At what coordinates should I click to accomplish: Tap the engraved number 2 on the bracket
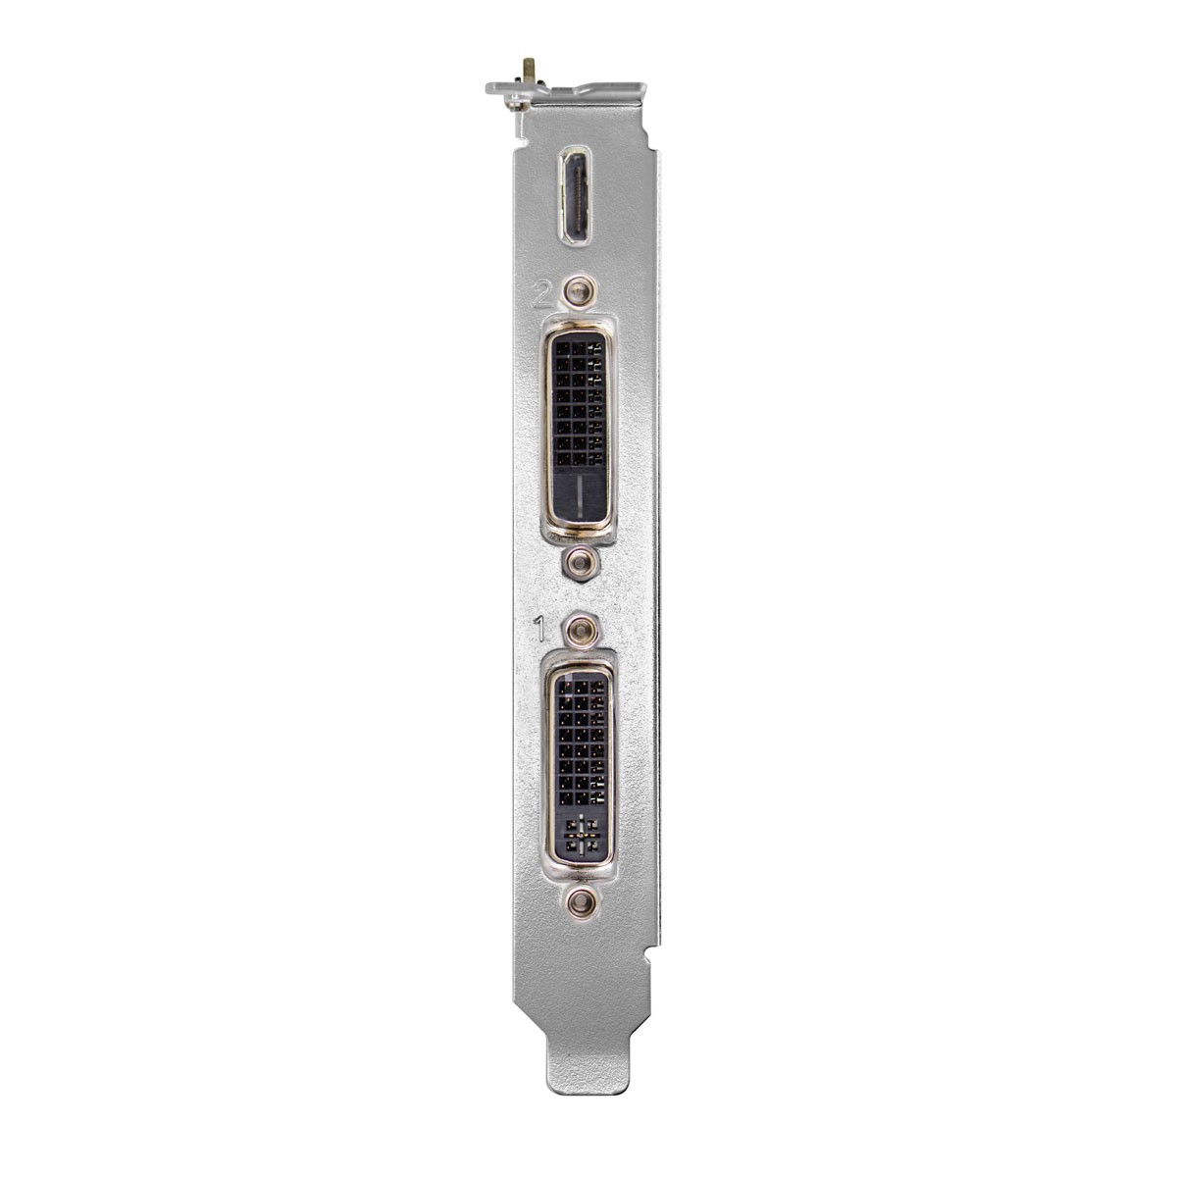pos(542,293)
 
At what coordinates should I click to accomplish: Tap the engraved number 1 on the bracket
pos(539,631)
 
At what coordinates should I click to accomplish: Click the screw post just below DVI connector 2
pos(579,561)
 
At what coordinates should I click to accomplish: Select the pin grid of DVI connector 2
pos(578,402)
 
